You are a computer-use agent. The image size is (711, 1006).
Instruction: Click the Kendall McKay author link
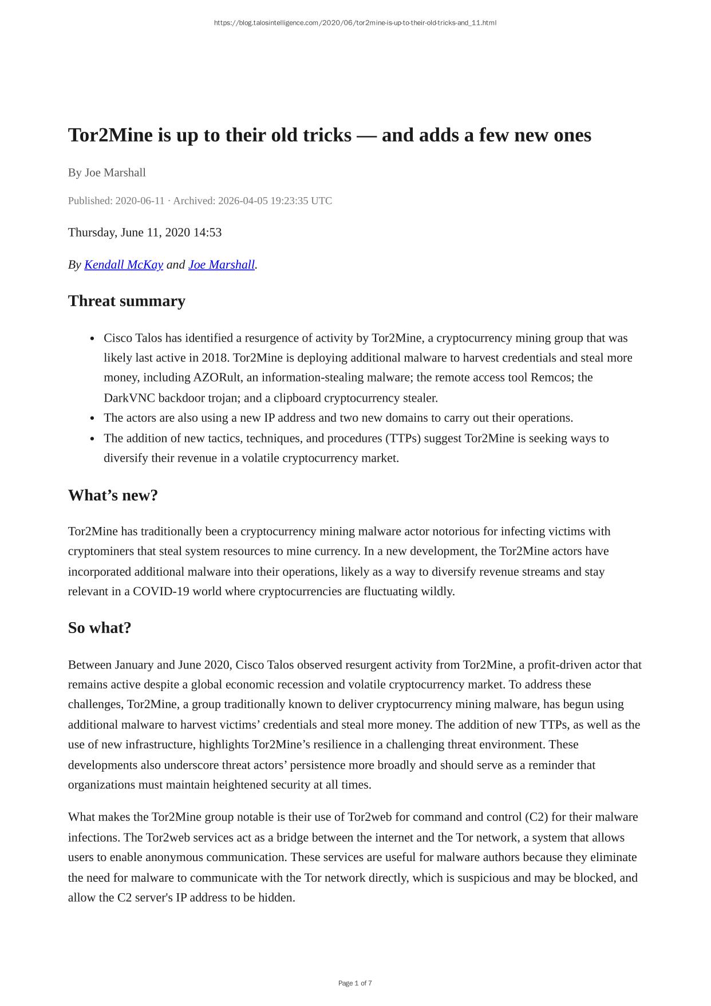click(x=124, y=265)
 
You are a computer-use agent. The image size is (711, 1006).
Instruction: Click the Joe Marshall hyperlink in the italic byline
click(x=222, y=265)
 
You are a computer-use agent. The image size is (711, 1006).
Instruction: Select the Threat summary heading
click(x=127, y=301)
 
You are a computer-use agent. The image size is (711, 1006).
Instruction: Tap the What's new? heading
click(x=113, y=496)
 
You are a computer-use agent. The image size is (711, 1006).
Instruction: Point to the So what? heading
click(x=100, y=628)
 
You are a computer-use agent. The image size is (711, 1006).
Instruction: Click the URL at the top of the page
click(x=355, y=23)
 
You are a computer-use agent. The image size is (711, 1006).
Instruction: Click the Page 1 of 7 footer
click(x=355, y=983)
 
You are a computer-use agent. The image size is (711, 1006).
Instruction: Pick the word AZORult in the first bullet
click(x=216, y=378)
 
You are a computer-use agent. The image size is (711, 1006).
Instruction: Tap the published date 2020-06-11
click(x=140, y=201)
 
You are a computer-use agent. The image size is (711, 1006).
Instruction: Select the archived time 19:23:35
click(x=287, y=201)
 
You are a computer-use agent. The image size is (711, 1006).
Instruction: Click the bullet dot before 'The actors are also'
click(x=92, y=418)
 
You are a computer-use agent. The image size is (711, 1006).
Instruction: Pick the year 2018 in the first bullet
click(x=215, y=358)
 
